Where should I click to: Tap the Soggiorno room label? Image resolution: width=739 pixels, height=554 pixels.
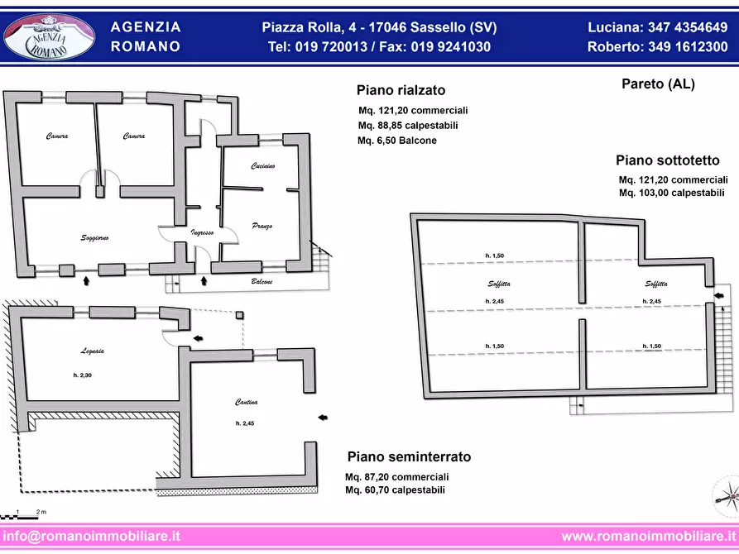[95, 238]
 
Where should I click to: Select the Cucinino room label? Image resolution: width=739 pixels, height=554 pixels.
[263, 166]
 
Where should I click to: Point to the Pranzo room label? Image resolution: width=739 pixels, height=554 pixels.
[262, 226]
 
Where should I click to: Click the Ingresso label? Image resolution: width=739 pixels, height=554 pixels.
[203, 232]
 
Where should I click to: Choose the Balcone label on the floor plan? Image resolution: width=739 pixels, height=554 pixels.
[262, 282]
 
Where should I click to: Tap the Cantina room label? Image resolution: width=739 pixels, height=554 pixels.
[246, 403]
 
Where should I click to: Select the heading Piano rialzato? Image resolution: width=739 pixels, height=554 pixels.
[401, 90]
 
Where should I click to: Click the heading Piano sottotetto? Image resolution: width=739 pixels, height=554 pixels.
[667, 160]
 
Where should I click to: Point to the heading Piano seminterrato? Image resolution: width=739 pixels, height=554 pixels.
[409, 456]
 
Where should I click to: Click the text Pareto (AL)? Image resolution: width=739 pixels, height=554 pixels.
[658, 84]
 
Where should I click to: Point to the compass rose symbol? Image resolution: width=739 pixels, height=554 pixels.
[725, 496]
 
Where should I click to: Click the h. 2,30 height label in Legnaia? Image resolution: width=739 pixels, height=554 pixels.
[82, 375]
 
